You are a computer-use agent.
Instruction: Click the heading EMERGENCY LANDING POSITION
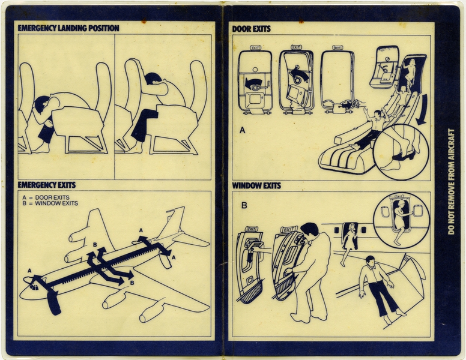[68, 28]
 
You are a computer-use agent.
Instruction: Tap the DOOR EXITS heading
[251, 28]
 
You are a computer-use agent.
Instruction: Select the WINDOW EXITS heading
[256, 185]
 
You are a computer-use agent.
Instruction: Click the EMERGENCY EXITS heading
[46, 185]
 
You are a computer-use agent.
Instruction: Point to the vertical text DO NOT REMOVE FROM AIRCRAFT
[451, 180]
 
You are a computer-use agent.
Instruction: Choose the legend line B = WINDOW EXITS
[50, 203]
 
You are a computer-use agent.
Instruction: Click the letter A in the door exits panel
[243, 129]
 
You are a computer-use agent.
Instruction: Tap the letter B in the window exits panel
[244, 205]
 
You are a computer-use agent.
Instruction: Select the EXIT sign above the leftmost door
[255, 47]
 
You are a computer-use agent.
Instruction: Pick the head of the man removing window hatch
[310, 230]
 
